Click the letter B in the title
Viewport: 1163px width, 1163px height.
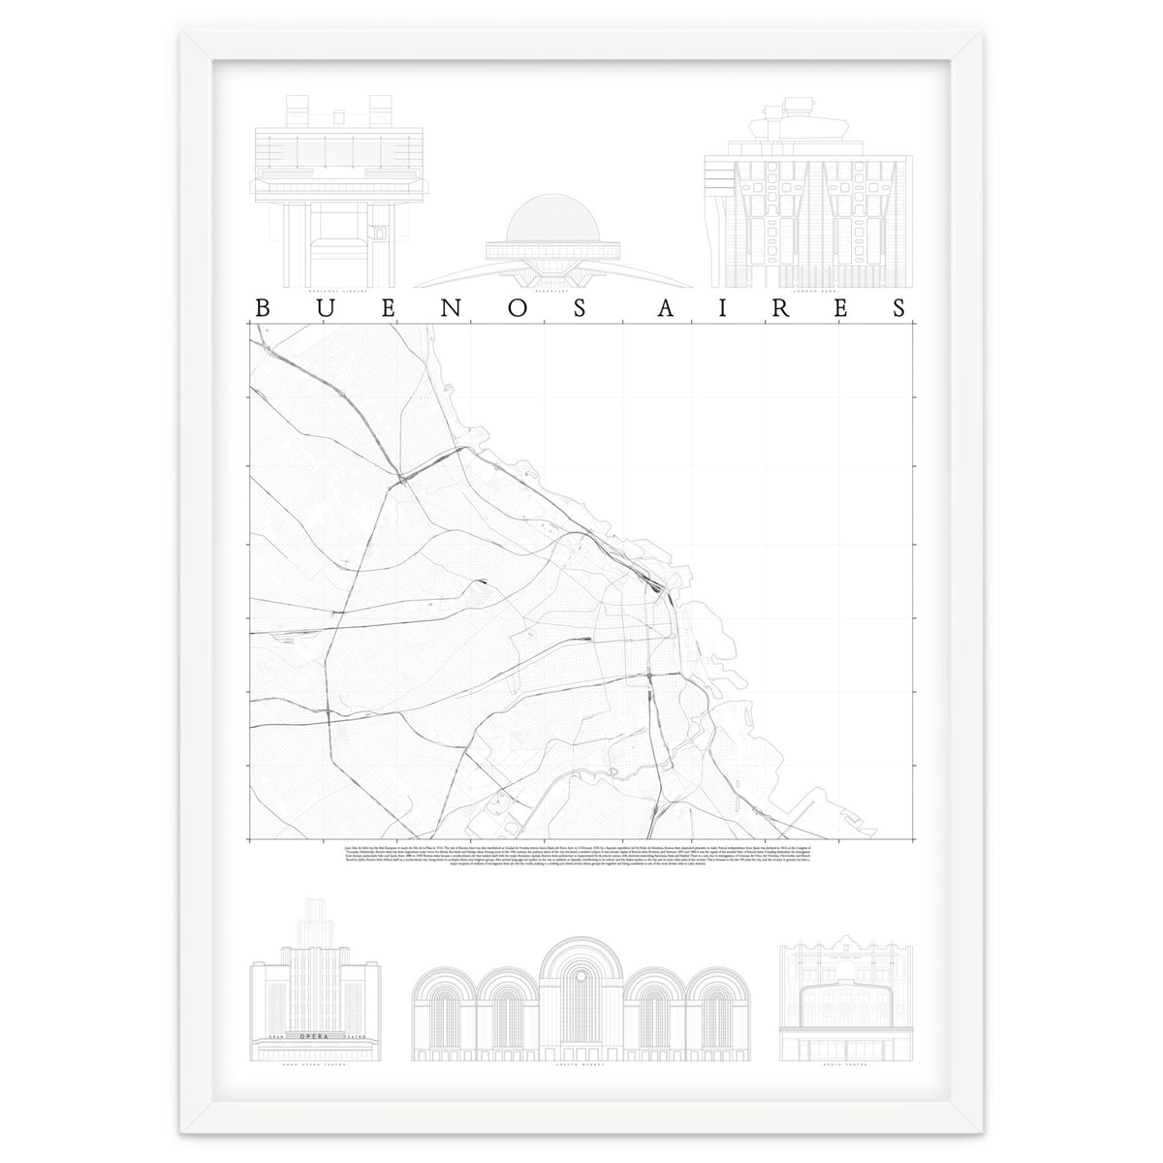click(x=262, y=307)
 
